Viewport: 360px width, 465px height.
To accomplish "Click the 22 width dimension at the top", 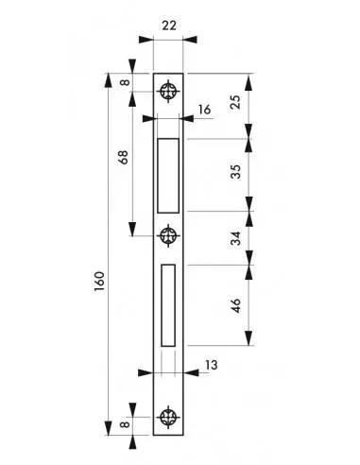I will [169, 26].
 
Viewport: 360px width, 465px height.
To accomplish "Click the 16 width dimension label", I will [205, 111].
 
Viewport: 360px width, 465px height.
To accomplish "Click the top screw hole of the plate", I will [169, 91].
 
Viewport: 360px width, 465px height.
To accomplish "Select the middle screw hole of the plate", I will [169, 234].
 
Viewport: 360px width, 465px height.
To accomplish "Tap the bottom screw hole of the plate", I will [169, 416].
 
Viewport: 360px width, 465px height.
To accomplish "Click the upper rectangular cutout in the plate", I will [169, 175].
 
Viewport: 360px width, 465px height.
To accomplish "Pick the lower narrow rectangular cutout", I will [168, 303].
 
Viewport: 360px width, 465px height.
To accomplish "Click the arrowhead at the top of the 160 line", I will [111, 77].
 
